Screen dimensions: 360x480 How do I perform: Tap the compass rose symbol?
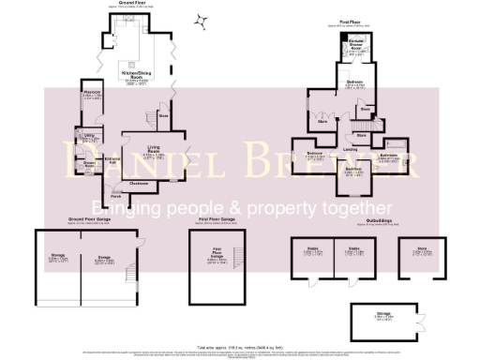(x=200, y=20)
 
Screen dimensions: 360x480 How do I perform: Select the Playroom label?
(x=90, y=95)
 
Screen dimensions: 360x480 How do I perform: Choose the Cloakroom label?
(x=138, y=183)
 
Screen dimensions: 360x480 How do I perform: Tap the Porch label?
(x=117, y=196)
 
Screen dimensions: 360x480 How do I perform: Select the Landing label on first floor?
(x=348, y=147)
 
